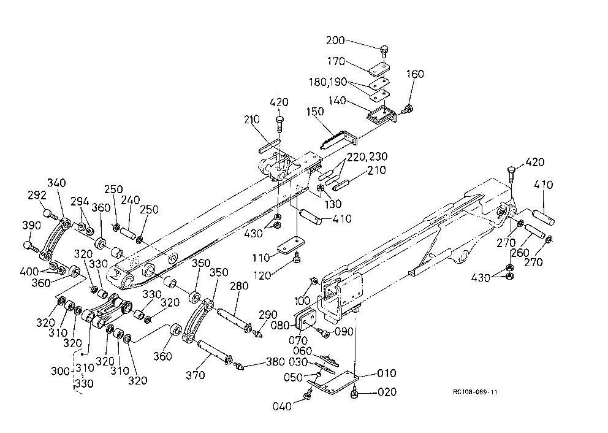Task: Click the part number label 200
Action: tap(335, 40)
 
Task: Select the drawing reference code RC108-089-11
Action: tap(475, 392)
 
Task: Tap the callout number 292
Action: tap(37, 195)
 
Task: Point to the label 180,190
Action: tap(328, 82)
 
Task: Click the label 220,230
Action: tap(367, 157)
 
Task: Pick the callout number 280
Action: tap(239, 286)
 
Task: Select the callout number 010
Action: tap(387, 374)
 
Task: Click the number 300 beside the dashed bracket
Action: tap(60, 371)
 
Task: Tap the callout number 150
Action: tap(314, 112)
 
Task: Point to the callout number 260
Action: tap(520, 253)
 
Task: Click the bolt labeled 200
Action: tap(384, 52)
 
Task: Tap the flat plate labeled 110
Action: tap(291, 246)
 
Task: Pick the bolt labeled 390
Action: tap(31, 246)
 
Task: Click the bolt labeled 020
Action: tap(354, 392)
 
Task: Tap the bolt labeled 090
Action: tap(323, 332)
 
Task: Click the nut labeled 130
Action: tap(321, 188)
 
